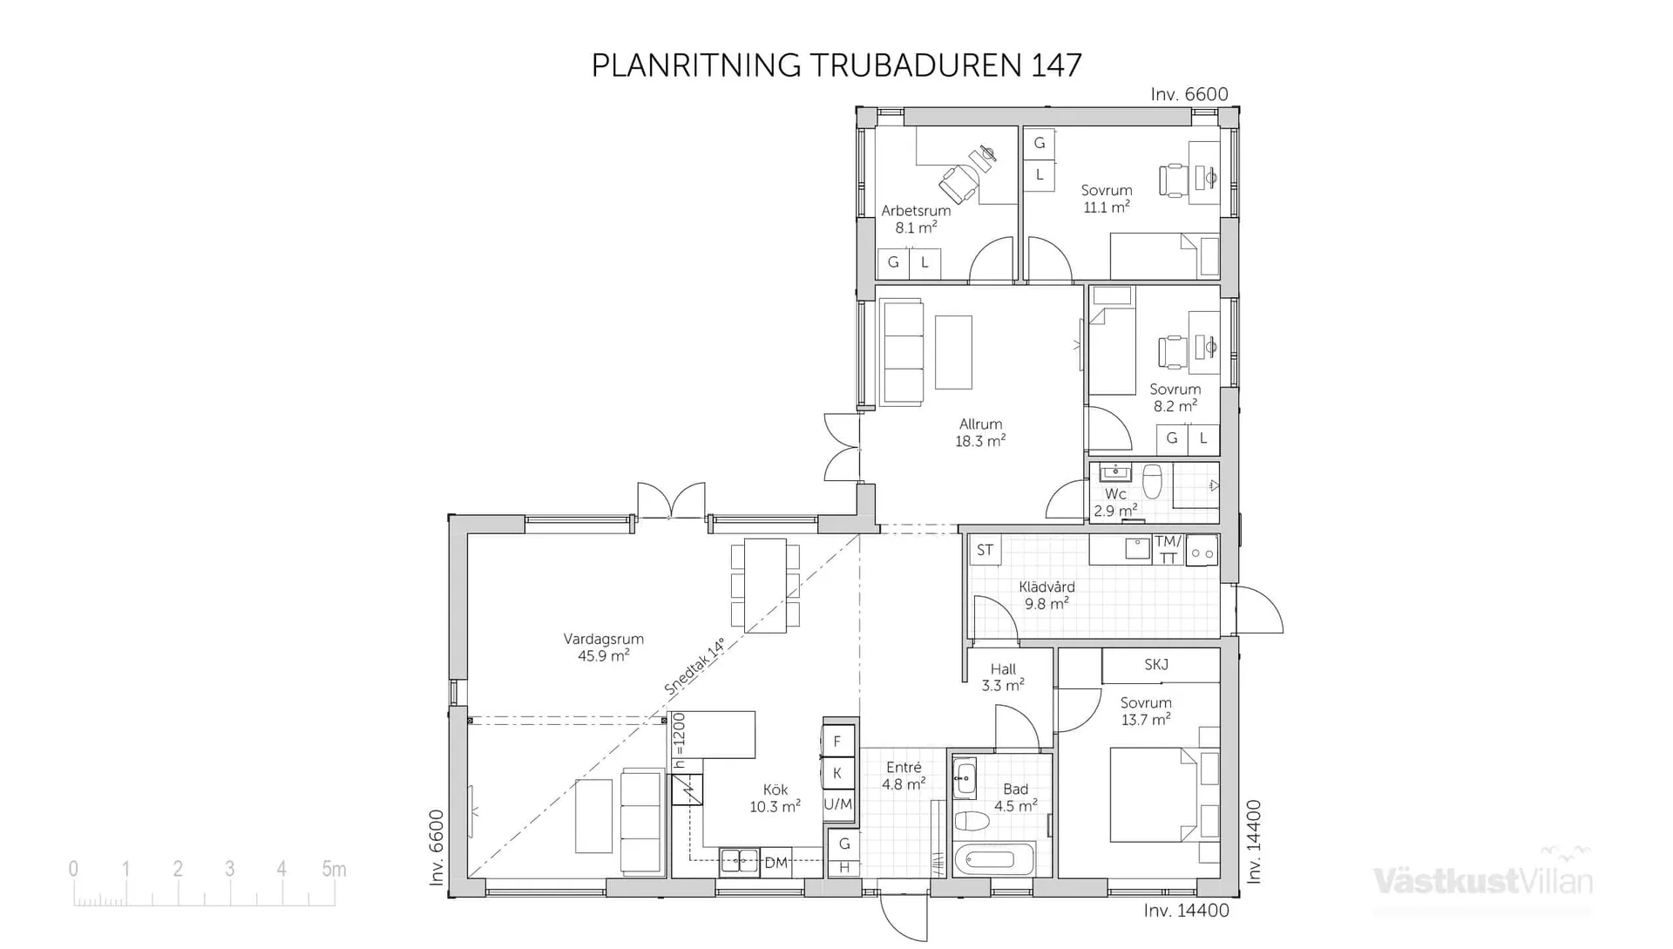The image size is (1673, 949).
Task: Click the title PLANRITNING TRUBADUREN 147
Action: point(836,65)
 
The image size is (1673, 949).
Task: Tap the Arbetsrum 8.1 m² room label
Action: point(916,219)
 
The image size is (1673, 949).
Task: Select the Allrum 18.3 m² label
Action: point(980,432)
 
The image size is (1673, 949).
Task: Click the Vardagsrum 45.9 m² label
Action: point(603,647)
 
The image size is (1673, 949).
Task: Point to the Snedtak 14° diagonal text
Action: point(694,667)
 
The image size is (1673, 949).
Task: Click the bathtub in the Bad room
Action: point(994,860)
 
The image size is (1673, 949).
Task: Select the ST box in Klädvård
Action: point(985,550)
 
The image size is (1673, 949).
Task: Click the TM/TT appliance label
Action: point(1168,550)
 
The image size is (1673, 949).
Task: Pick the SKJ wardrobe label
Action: point(1156,665)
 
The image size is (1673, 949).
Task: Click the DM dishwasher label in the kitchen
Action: point(776,863)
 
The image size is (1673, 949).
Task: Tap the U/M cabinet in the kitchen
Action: point(838,804)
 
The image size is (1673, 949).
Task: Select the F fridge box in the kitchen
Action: point(837,742)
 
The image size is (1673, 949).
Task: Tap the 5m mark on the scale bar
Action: point(334,869)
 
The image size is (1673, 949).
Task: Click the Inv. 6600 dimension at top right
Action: point(1189,94)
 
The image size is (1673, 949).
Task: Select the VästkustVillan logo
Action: point(1483,880)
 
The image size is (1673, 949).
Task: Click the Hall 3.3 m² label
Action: point(1003,677)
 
